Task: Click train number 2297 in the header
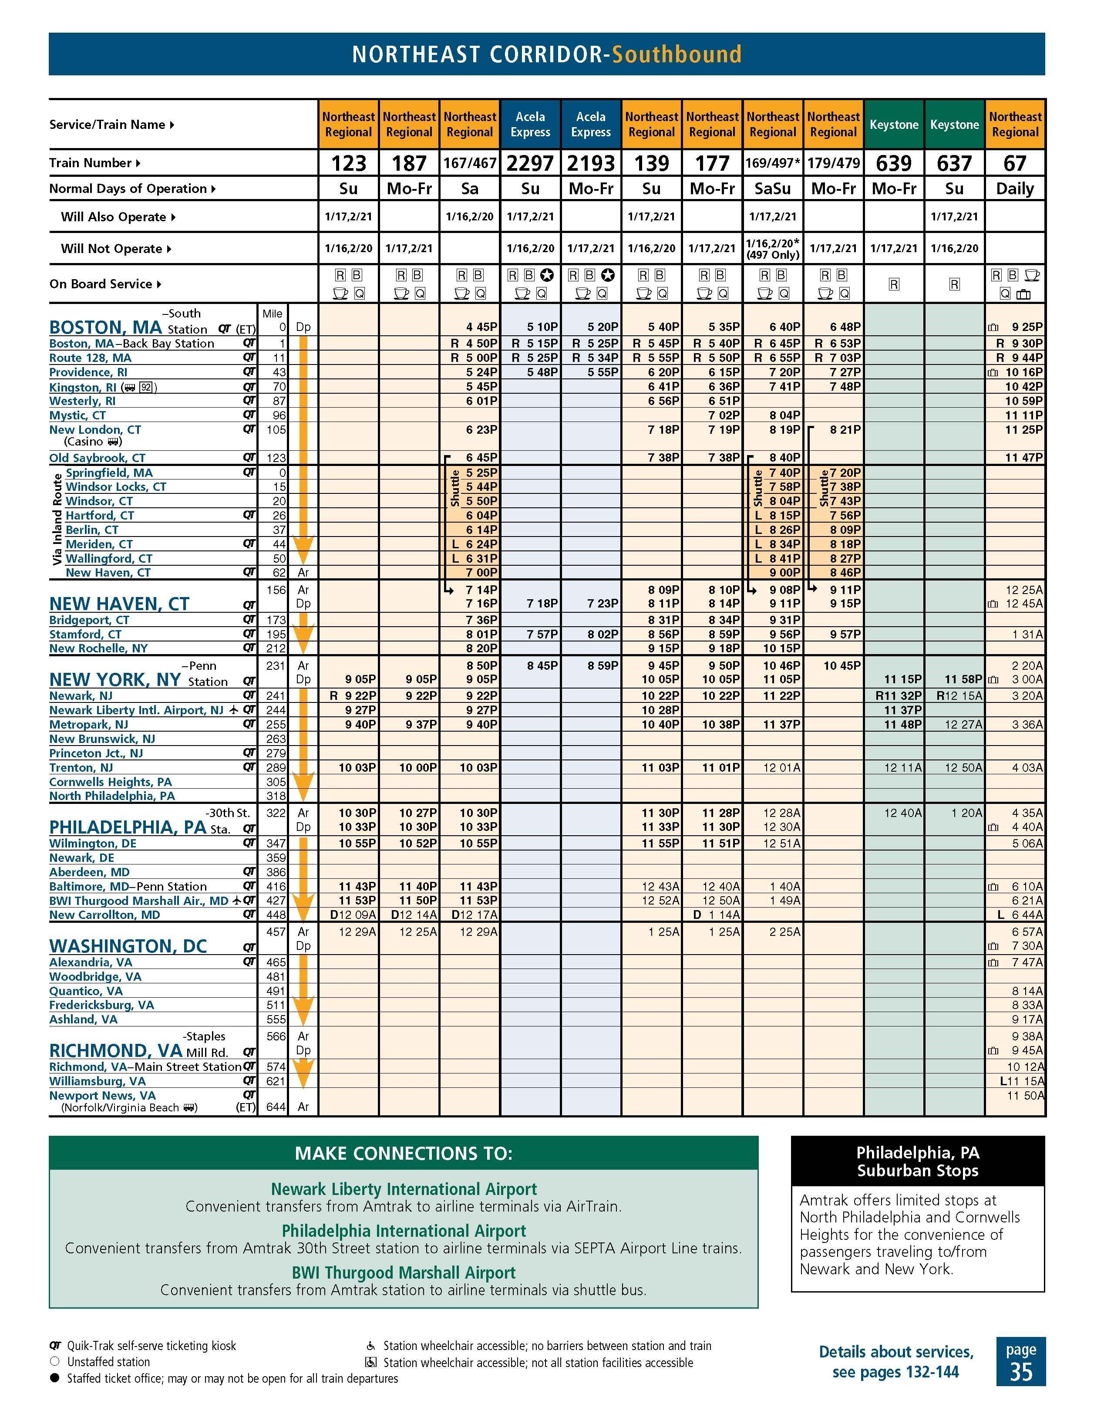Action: [x=530, y=163]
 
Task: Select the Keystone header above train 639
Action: [x=894, y=124]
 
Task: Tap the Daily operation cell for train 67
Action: [x=1015, y=189]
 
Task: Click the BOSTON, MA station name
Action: [x=105, y=327]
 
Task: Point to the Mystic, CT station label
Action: [x=77, y=415]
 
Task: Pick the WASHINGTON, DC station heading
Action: [x=128, y=945]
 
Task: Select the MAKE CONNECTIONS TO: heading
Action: [x=403, y=1154]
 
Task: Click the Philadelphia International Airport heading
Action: [x=403, y=1230]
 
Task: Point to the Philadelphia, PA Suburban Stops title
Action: [x=917, y=1161]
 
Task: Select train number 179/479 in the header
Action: [x=833, y=163]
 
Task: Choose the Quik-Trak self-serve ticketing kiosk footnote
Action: [x=151, y=1346]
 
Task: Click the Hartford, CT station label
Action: [x=100, y=515]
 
